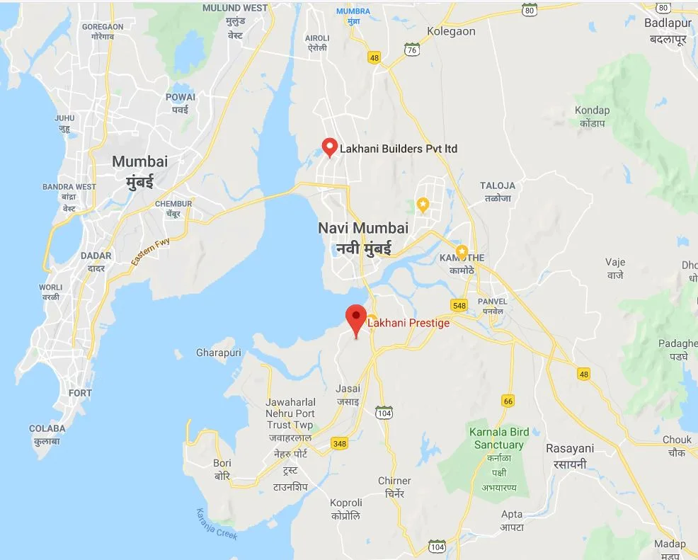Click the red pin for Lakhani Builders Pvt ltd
[x=329, y=147]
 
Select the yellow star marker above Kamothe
[x=462, y=251]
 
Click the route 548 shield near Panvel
[x=459, y=304]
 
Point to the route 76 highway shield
[x=412, y=48]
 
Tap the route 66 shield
[x=508, y=401]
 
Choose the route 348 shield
[x=340, y=444]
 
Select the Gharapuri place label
[x=219, y=353]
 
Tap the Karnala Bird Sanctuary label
[x=498, y=439]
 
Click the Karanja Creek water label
[x=216, y=524]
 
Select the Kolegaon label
[x=452, y=31]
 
